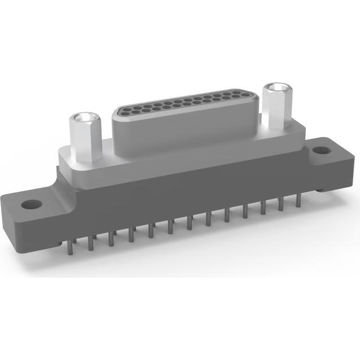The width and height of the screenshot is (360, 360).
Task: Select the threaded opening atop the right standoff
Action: point(275,88)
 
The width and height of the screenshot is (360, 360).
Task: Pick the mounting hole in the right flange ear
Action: point(320,151)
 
